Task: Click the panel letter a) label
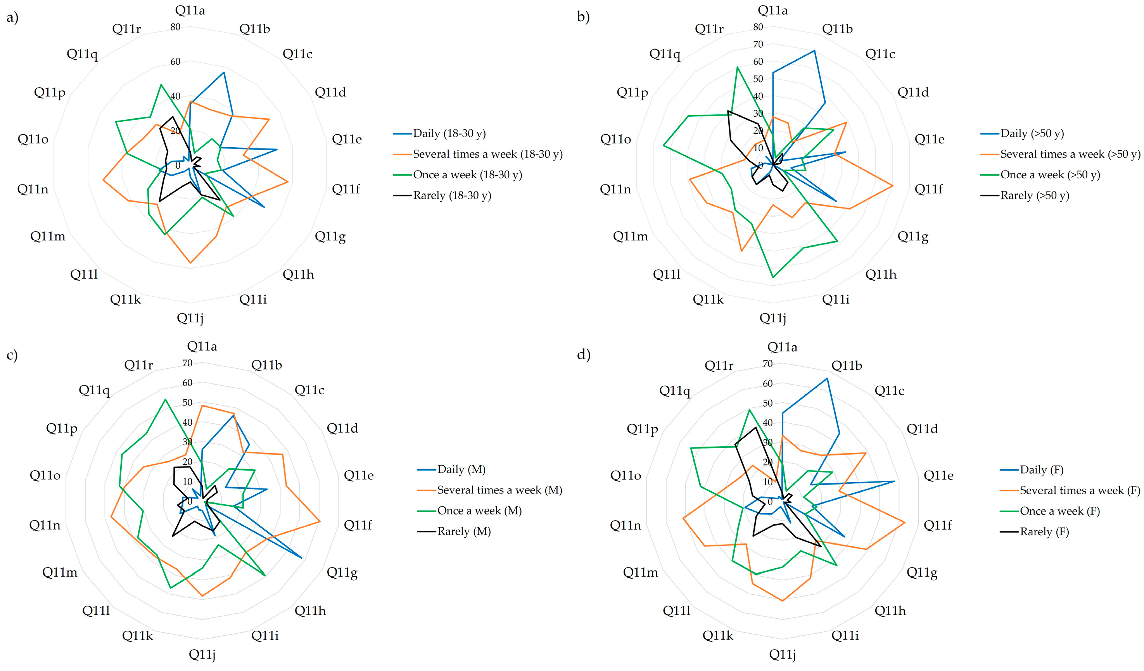12,18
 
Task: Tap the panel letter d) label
583,354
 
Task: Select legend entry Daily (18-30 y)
449,133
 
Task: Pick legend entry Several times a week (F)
1080,490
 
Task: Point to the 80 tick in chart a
175,27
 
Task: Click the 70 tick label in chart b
758,45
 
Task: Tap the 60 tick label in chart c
187,383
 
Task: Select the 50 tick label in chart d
767,403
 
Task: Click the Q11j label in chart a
190,317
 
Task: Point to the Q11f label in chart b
928,189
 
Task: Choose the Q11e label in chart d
938,476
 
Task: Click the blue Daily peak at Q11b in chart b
814,51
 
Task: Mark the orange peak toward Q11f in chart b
892,186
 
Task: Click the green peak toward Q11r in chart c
165,399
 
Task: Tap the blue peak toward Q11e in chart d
894,481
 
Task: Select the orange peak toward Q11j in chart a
190,263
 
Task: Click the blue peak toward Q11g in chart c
302,557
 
